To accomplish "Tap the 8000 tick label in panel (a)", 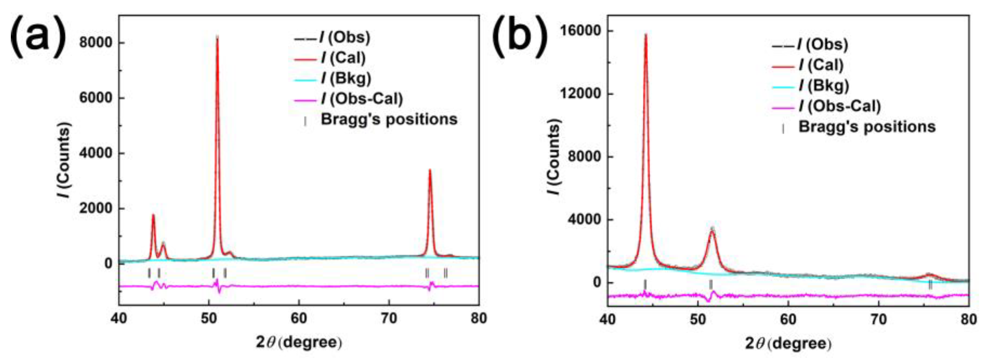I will click(x=96, y=43).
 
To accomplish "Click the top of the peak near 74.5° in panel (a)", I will click(x=430, y=170).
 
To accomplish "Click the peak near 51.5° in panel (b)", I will click(x=712, y=230).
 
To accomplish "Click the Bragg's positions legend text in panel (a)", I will click(x=389, y=120).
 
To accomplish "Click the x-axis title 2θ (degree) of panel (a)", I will click(x=299, y=342).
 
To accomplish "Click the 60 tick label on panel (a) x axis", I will click(x=299, y=318).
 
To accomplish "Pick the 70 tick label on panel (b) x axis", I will click(x=878, y=319).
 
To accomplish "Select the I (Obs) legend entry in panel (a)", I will click(x=345, y=37).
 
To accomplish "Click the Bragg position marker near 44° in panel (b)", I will click(x=645, y=285).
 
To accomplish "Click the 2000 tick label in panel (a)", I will click(x=96, y=209).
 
